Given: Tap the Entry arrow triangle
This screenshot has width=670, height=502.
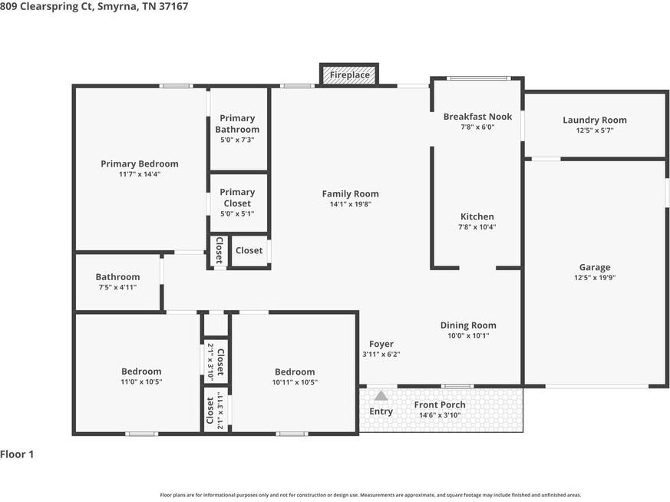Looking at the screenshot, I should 381,395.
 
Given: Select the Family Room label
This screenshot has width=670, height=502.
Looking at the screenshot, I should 350,194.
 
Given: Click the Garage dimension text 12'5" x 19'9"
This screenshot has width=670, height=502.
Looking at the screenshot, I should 595,278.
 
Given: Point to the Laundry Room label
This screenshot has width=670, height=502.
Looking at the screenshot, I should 594,120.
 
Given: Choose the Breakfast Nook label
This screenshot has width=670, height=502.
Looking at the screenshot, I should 477,117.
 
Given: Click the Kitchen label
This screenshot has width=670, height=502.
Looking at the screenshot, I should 477,216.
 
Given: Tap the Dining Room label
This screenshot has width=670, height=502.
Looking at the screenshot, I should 468,325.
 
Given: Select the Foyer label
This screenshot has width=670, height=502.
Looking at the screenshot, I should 381,344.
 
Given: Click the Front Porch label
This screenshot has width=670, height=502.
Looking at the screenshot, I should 440,405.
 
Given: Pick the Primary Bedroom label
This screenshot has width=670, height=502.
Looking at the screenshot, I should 140,163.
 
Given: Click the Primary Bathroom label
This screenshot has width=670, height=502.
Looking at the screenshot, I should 237,124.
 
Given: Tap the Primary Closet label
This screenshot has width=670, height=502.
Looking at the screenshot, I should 237,197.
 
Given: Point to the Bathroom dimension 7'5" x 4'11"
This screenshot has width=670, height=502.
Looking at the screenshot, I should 117,287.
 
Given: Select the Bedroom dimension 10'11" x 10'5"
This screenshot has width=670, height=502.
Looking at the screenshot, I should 295,382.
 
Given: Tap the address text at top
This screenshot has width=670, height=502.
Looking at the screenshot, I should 94,6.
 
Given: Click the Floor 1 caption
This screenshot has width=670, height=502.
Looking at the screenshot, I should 17,454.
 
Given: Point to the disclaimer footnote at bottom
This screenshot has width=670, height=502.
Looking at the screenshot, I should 370,495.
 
